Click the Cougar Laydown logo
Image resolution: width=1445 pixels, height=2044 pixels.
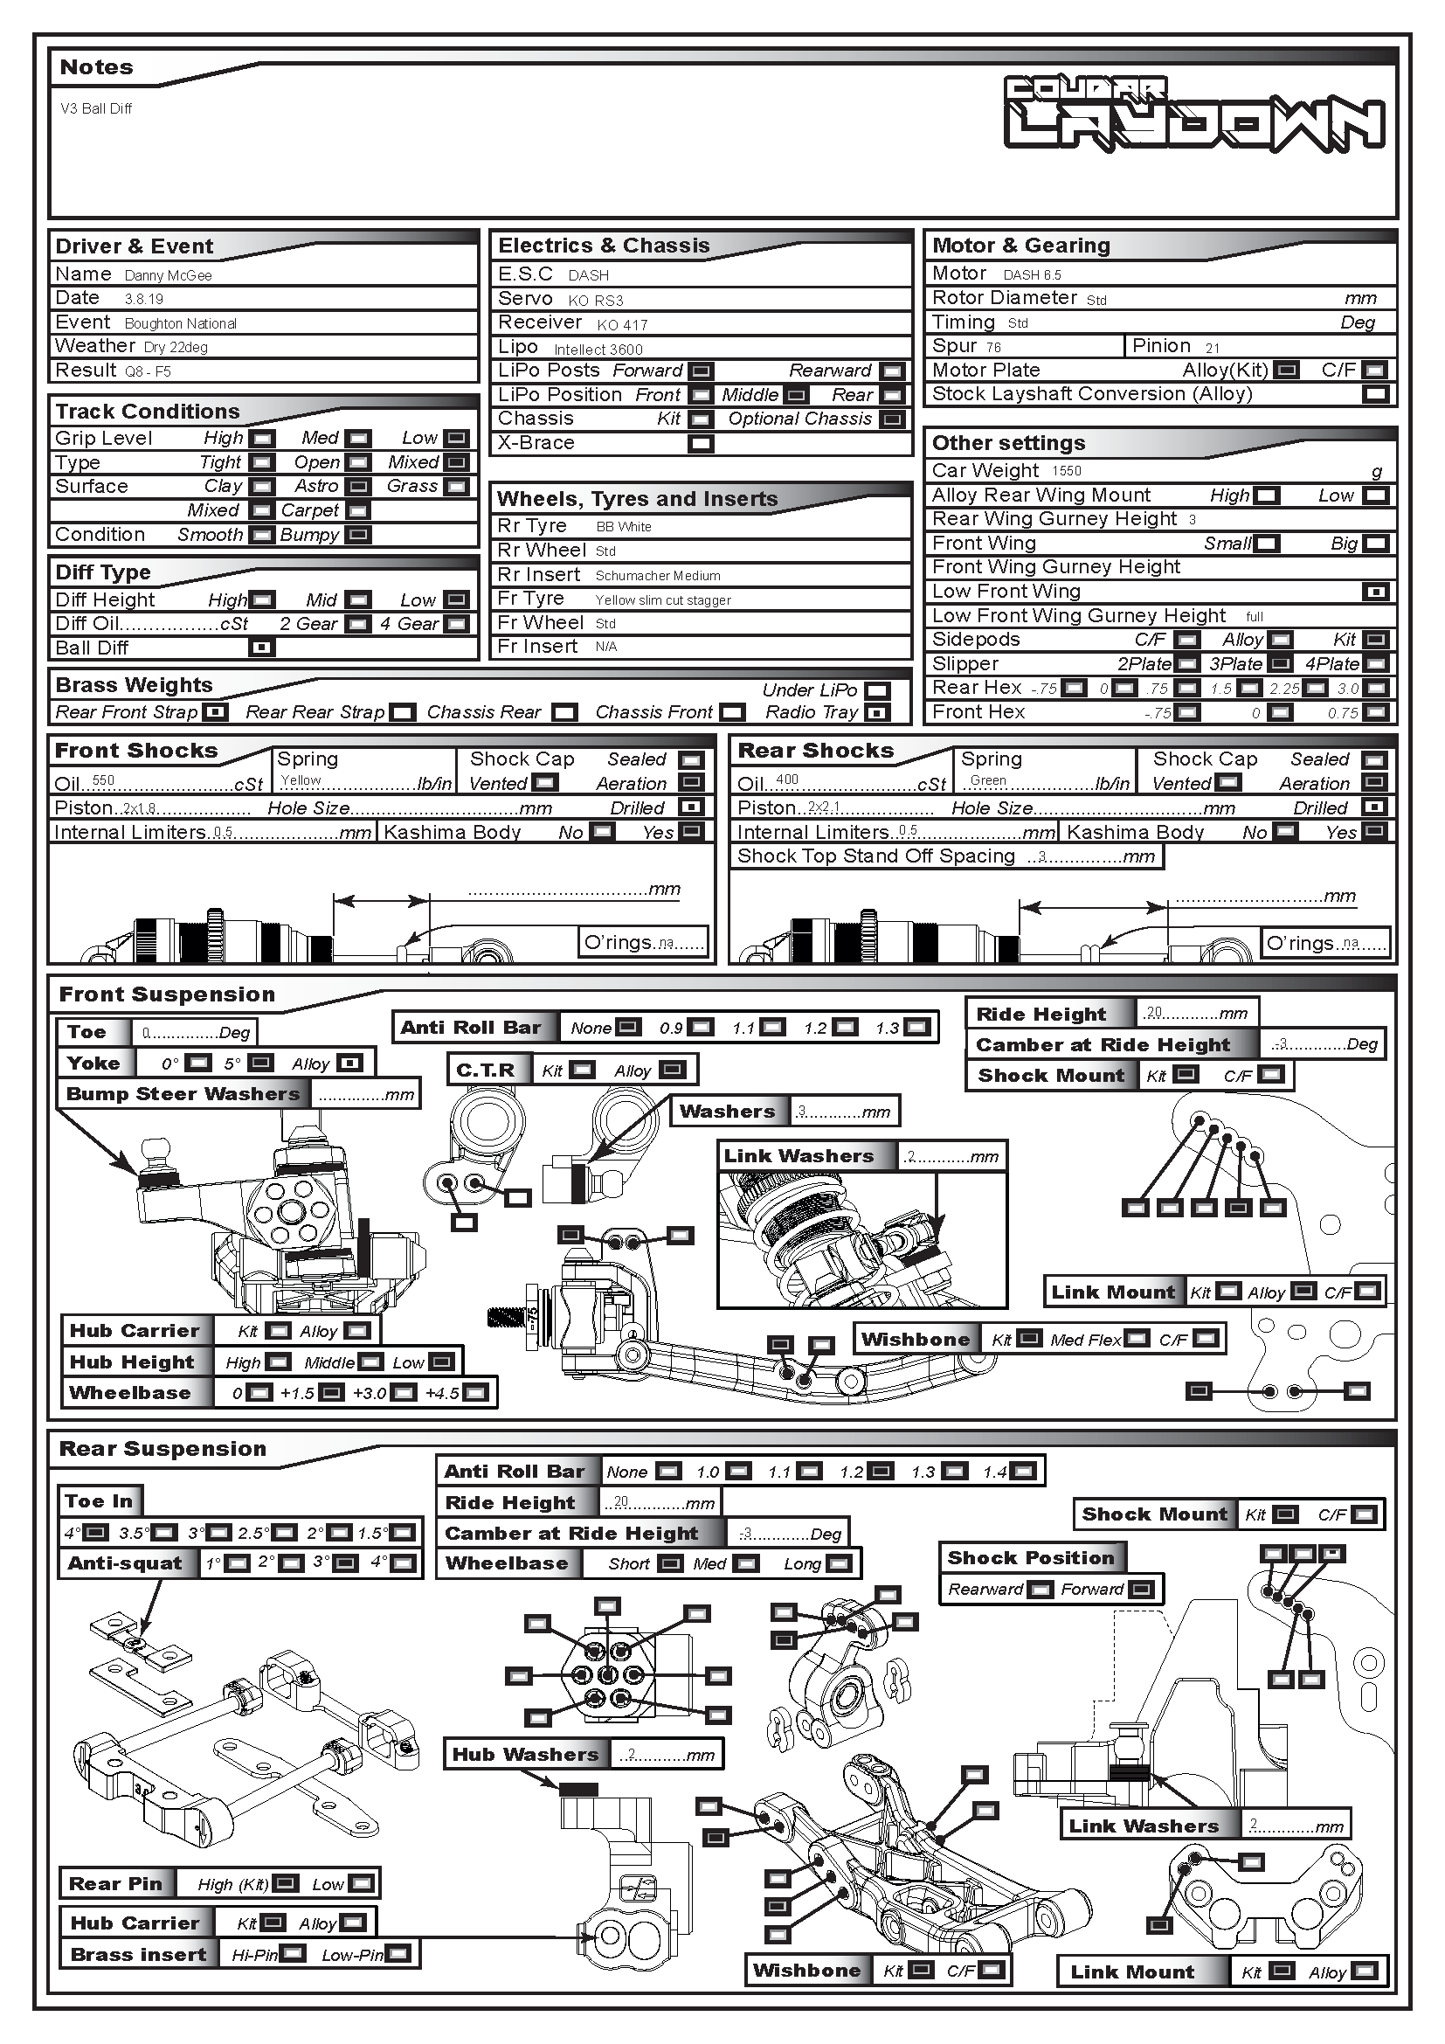pos(1194,113)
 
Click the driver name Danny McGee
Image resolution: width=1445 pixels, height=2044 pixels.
pos(168,276)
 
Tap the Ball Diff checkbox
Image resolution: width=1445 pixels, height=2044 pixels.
pos(261,648)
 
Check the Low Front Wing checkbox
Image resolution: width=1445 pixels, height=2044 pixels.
pos(1375,592)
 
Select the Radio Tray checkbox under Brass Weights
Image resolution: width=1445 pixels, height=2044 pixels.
pos(877,713)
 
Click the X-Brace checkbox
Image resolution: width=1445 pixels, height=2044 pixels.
pos(701,443)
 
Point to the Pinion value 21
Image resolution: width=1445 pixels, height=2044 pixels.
pos(1213,348)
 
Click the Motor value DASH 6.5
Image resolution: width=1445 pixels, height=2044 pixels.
pos(1032,275)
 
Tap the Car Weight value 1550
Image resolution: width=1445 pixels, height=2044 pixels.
pos(1066,471)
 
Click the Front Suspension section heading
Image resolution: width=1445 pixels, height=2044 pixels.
pos(167,994)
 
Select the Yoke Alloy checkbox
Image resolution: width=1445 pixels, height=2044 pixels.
pos(350,1063)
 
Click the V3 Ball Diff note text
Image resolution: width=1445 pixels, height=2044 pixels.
pos(96,108)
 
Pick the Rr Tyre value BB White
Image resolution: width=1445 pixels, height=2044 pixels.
pos(623,527)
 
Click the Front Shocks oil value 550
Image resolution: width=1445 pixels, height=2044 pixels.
pos(103,780)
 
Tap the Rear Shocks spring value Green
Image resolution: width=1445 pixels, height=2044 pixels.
pos(988,780)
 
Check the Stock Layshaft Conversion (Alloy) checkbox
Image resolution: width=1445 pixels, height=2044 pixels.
pos(1375,394)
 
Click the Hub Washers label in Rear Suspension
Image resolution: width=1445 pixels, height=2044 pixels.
pos(525,1755)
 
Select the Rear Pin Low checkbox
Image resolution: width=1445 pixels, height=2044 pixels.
pos(362,1884)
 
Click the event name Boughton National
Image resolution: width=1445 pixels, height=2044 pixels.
pos(181,324)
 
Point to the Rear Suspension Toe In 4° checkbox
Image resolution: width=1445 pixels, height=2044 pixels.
pos(96,1533)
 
